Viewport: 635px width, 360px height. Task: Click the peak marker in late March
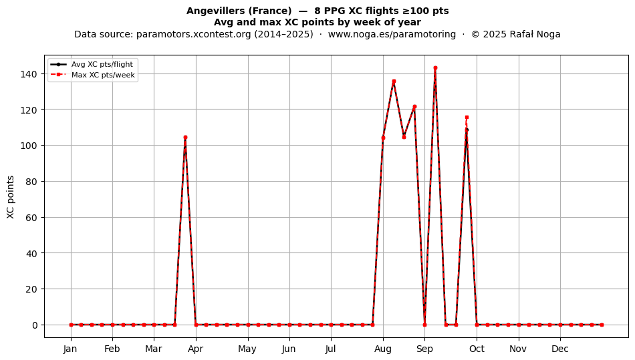[x=185, y=137]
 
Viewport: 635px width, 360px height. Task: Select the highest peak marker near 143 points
[x=435, y=68]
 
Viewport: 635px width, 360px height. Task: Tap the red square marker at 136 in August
[x=394, y=81]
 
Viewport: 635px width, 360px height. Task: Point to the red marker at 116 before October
[x=467, y=118]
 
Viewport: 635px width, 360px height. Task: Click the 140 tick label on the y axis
[x=30, y=74]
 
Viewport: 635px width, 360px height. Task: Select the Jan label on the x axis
[x=70, y=349]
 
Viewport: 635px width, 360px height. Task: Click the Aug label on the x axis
[x=383, y=349]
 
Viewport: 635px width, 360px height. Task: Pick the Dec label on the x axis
[x=560, y=349]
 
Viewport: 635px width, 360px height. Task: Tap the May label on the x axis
[x=247, y=349]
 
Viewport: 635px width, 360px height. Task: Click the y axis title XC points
[x=11, y=198]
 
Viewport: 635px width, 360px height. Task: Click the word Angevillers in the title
[x=215, y=11]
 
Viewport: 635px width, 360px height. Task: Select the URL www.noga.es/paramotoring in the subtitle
[x=392, y=34]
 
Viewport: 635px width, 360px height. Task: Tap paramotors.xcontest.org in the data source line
[x=194, y=34]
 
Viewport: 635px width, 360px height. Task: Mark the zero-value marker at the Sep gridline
[x=425, y=325]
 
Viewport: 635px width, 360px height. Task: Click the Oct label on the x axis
[x=477, y=349]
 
